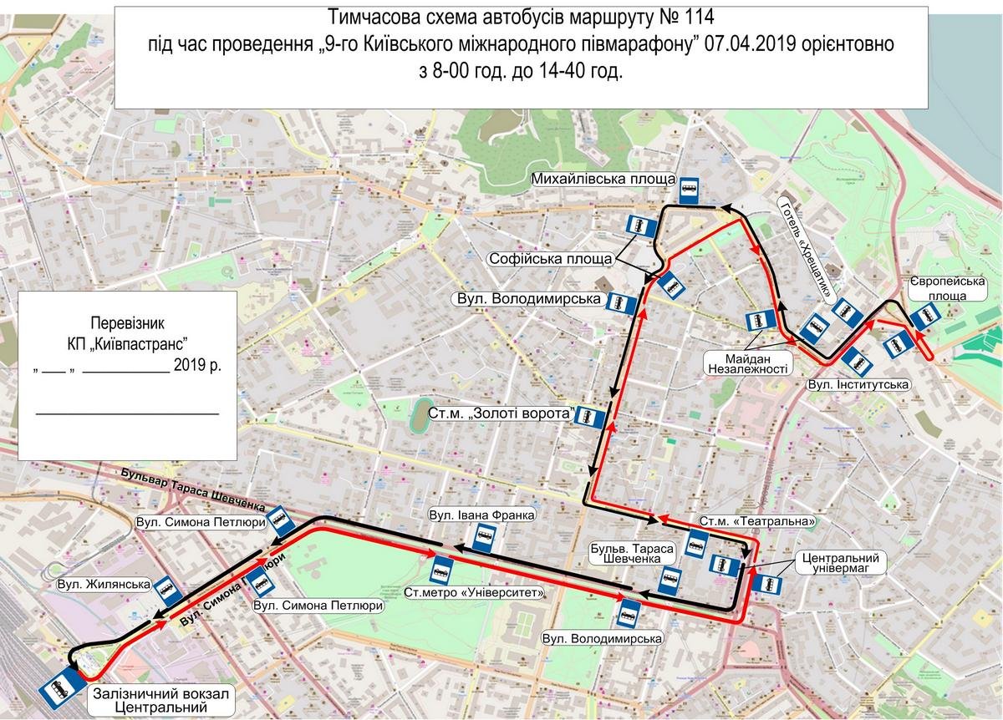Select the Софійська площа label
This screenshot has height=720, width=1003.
pyautogui.click(x=550, y=258)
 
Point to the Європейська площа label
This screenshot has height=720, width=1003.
pyautogui.click(x=947, y=289)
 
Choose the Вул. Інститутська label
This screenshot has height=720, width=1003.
pyautogui.click(x=847, y=386)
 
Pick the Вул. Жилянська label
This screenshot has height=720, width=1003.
pyautogui.click(x=104, y=585)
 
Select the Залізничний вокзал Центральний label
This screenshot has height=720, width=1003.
pyautogui.click(x=160, y=700)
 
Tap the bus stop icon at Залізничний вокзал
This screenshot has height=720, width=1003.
pyautogui.click(x=57, y=689)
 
